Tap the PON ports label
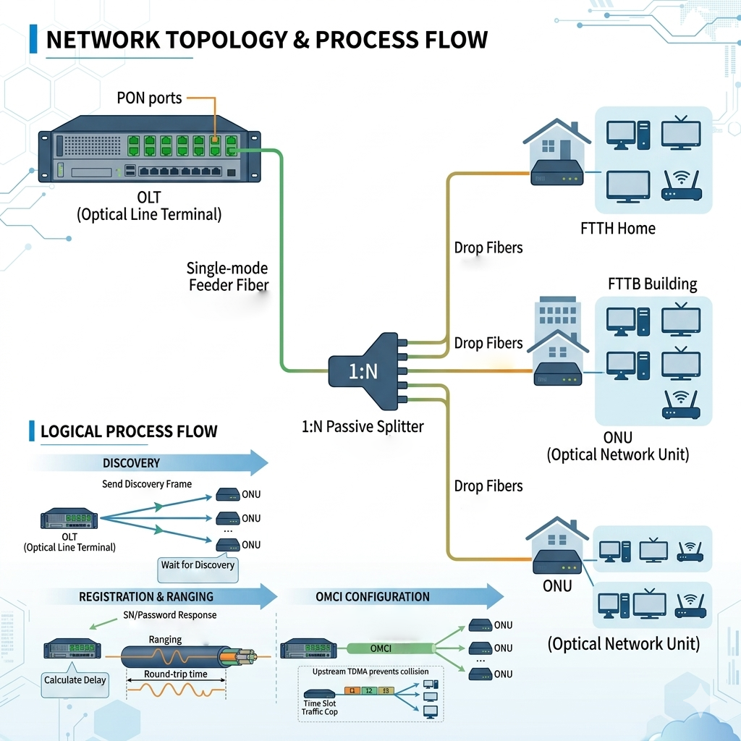pyautogui.click(x=149, y=98)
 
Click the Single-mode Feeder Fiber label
pyautogui.click(x=228, y=276)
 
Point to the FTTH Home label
pyautogui.click(x=618, y=229)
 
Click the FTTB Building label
pyautogui.click(x=652, y=283)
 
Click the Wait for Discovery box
pyautogui.click(x=198, y=565)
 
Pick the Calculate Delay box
pyautogui.click(x=75, y=680)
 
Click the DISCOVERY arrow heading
pyautogui.click(x=131, y=463)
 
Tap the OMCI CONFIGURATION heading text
pyautogui.click(x=373, y=597)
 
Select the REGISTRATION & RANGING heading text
pyautogui.click(x=146, y=597)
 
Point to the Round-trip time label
pyautogui.click(x=176, y=674)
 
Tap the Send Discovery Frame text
pyautogui.click(x=147, y=483)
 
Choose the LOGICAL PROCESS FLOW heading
pyautogui.click(x=129, y=432)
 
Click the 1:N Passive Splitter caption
pyautogui.click(x=362, y=427)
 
